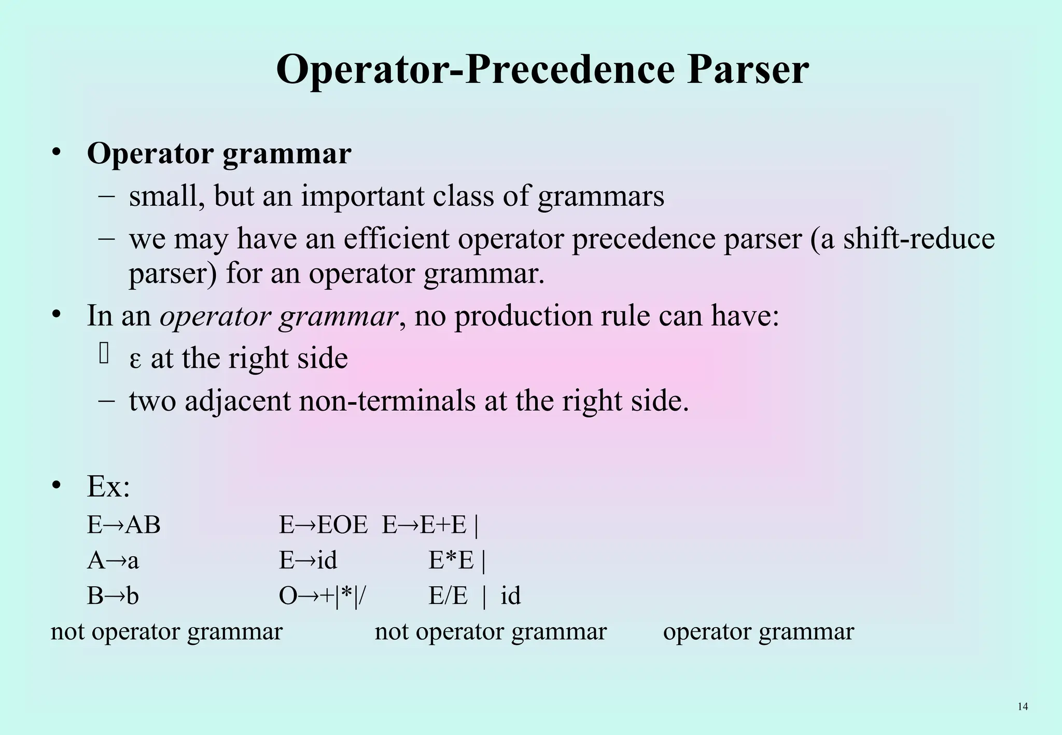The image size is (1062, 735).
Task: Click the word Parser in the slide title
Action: [747, 70]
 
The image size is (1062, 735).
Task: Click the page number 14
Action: [1023, 706]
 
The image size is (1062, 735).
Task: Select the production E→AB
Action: [123, 525]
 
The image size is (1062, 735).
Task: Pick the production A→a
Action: [113, 560]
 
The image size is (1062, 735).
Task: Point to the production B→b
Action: [113, 596]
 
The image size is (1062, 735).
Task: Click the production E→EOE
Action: [323, 525]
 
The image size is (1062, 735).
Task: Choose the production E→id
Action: [308, 560]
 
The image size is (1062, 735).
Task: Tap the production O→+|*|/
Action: [322, 596]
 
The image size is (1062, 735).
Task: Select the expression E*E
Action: [451, 560]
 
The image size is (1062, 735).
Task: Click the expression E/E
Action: [448, 596]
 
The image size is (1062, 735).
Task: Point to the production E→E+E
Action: [425, 525]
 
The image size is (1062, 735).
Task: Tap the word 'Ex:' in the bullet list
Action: [108, 486]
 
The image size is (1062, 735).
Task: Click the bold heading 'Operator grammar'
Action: [219, 153]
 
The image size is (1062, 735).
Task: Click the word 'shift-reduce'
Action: [919, 238]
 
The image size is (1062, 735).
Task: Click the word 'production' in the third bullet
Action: [523, 316]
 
